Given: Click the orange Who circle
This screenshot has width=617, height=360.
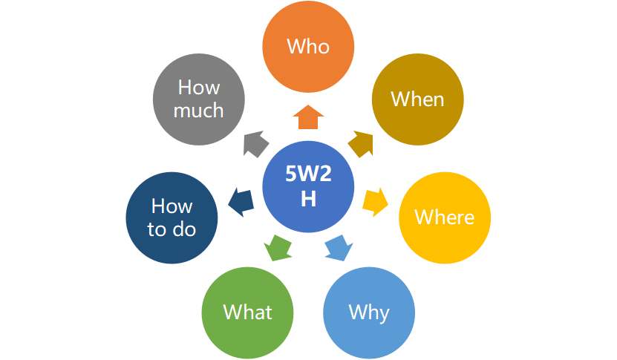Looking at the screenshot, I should tap(308, 47).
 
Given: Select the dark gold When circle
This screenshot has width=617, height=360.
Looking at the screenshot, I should tap(417, 99).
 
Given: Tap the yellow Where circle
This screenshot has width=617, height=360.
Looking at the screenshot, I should tap(444, 217).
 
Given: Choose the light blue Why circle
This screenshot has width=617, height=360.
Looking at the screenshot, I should tap(369, 312).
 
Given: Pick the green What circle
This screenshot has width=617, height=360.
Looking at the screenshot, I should tap(248, 312).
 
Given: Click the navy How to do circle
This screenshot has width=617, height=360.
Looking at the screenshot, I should tap(172, 217).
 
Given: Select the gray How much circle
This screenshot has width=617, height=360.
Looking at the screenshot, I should tap(199, 99).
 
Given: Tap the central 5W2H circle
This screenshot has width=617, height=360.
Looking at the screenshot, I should tap(308, 184).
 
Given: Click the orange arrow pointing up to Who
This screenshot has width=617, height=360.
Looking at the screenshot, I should tap(308, 117).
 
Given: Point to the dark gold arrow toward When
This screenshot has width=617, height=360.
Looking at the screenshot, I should tap(361, 142).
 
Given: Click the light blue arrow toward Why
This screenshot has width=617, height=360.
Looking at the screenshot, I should tap(338, 247).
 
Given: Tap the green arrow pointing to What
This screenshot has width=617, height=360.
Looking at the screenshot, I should tap(278, 247).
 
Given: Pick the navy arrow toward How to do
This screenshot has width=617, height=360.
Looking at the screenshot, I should tap(240, 200).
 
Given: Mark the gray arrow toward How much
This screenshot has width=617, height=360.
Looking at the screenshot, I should tap(255, 142).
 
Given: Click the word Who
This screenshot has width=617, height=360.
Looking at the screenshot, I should tap(308, 47).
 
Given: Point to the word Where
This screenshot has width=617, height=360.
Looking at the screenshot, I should tap(444, 217).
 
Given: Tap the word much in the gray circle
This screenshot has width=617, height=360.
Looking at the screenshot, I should tap(199, 111).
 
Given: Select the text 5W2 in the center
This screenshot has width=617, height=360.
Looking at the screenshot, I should tap(308, 173).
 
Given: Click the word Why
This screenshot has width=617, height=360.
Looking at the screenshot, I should tap(369, 312).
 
